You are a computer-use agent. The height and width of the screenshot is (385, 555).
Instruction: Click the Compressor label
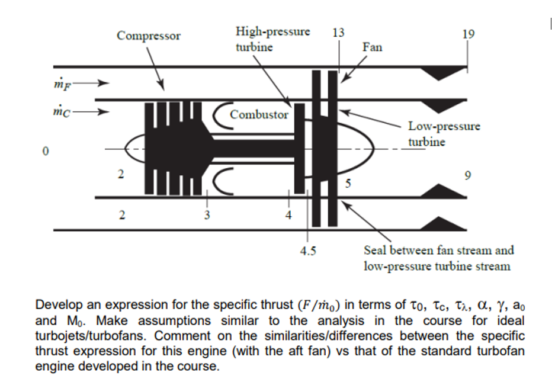[x=149, y=36]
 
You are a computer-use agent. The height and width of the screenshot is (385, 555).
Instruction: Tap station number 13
[x=338, y=33]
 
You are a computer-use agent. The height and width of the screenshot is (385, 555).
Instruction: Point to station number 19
[x=467, y=34]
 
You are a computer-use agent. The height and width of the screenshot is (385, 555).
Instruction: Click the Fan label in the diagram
[x=372, y=47]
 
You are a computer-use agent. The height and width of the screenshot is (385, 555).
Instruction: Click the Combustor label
[x=259, y=114]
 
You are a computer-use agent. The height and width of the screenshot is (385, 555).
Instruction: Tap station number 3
[x=207, y=215]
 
